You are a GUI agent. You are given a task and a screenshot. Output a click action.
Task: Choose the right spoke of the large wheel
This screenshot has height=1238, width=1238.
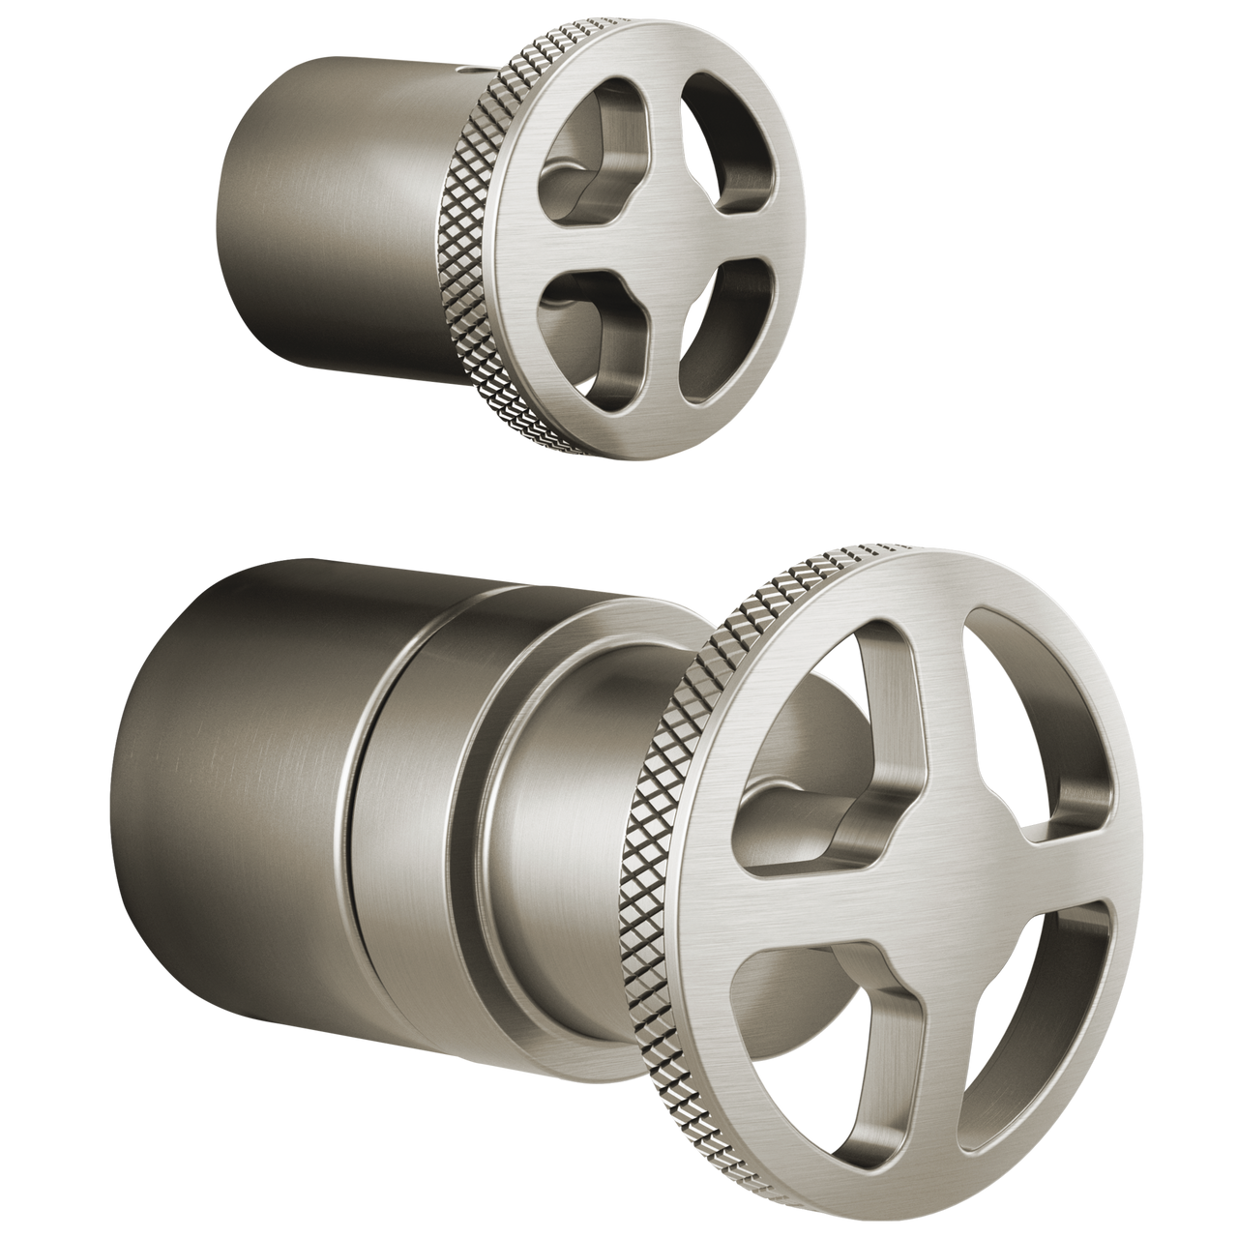[1083, 861]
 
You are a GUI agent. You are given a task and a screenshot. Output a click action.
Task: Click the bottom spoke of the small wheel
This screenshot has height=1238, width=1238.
[658, 368]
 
